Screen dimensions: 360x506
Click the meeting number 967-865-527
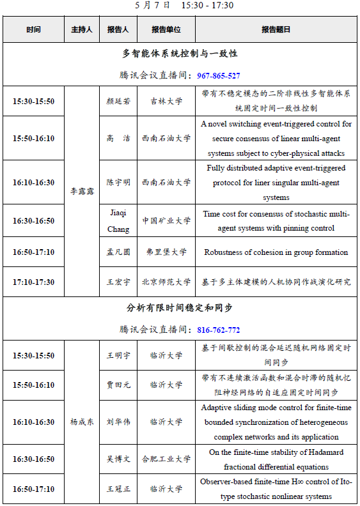tap(219, 75)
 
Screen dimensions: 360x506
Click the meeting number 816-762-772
tap(219, 330)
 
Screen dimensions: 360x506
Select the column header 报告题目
tap(276, 29)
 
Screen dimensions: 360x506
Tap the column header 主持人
tap(81, 29)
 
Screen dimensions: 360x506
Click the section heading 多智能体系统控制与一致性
tap(180, 54)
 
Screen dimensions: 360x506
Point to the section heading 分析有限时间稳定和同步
tap(180, 308)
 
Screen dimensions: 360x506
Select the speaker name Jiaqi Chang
tap(118, 221)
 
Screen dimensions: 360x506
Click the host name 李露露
tap(81, 190)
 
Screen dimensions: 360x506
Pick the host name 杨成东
tap(81, 422)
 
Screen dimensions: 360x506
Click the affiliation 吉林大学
tap(166, 100)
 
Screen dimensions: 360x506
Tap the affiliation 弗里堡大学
tap(166, 252)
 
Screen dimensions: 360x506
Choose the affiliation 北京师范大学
tap(166, 281)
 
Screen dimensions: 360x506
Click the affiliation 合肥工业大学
tap(166, 459)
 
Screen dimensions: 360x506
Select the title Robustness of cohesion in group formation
tap(276, 252)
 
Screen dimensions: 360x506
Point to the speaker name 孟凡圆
tap(118, 252)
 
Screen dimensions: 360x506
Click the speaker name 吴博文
tap(118, 459)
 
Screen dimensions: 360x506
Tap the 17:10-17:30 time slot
tap(33, 281)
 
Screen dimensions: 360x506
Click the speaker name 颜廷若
tap(118, 100)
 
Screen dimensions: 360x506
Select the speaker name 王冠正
tap(118, 489)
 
